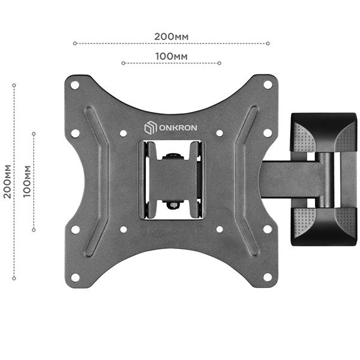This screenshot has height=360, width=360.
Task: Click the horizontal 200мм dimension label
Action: click(171, 37)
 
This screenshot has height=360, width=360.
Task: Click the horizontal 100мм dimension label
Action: click(172, 56)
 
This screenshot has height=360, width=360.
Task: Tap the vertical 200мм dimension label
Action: click(7, 181)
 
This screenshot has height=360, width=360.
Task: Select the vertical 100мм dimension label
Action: click(27, 181)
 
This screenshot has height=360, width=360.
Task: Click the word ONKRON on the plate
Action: click(178, 128)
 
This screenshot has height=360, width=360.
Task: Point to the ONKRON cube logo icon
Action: click(151, 128)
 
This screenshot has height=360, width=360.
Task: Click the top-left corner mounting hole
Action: click(75, 85)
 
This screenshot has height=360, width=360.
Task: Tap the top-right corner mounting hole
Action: click(268, 85)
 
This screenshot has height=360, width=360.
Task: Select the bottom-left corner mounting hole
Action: click(75, 277)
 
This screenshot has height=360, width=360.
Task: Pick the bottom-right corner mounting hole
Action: click(268, 277)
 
